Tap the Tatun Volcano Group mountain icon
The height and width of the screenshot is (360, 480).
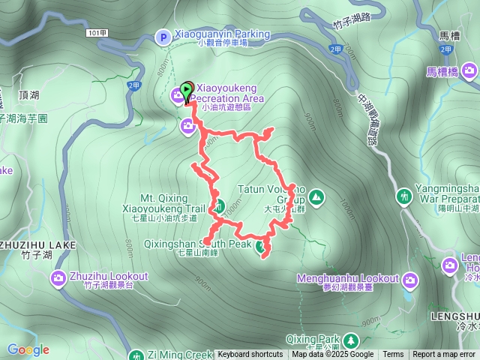tap(316, 197)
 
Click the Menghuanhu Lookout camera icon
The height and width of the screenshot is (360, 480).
tap(409, 281)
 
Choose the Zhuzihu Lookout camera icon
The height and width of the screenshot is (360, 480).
tap(59, 280)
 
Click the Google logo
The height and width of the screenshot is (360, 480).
tap(28, 349)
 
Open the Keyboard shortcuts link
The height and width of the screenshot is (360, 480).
tap(250, 355)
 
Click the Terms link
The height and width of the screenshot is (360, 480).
tap(393, 355)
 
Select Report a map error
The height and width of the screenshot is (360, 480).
tap(445, 355)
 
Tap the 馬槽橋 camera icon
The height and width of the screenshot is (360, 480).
tap(470, 71)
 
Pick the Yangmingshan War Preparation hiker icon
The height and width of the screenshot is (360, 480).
tap(405, 196)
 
